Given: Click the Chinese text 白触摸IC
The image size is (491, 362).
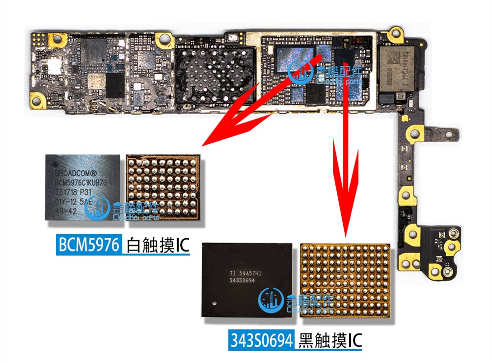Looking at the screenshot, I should point(157,245).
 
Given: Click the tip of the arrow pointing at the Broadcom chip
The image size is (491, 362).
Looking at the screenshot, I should point(203,145).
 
